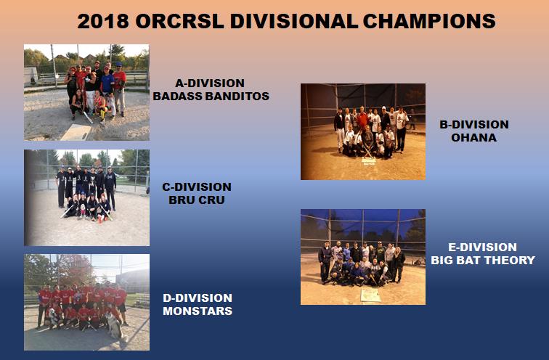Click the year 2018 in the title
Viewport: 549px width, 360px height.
coord(103,21)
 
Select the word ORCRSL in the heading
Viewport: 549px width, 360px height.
coord(179,21)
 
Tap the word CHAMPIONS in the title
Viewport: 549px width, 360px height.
coord(429,21)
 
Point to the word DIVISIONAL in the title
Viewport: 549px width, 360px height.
coord(294,21)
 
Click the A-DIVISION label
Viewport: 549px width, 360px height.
coord(210,83)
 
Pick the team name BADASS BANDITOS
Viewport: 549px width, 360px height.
coord(211,96)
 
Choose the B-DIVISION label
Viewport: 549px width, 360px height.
coord(473,124)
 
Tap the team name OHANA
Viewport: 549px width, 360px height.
coord(473,137)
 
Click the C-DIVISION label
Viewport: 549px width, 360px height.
coord(196,187)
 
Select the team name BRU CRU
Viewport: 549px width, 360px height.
coord(196,200)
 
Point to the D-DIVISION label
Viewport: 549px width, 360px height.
coord(198,298)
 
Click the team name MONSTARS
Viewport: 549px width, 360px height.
coord(198,311)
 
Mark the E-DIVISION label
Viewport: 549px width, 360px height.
coord(482,247)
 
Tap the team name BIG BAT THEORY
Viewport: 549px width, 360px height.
coord(483,260)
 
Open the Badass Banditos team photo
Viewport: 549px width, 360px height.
coord(86,92)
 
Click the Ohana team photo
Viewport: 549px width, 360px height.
coord(363,131)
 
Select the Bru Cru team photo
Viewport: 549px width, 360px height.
coord(86,197)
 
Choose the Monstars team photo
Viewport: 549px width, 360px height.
coord(86,302)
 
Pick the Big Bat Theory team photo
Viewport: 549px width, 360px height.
coord(363,257)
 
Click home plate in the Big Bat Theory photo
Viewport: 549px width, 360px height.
coord(370,295)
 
